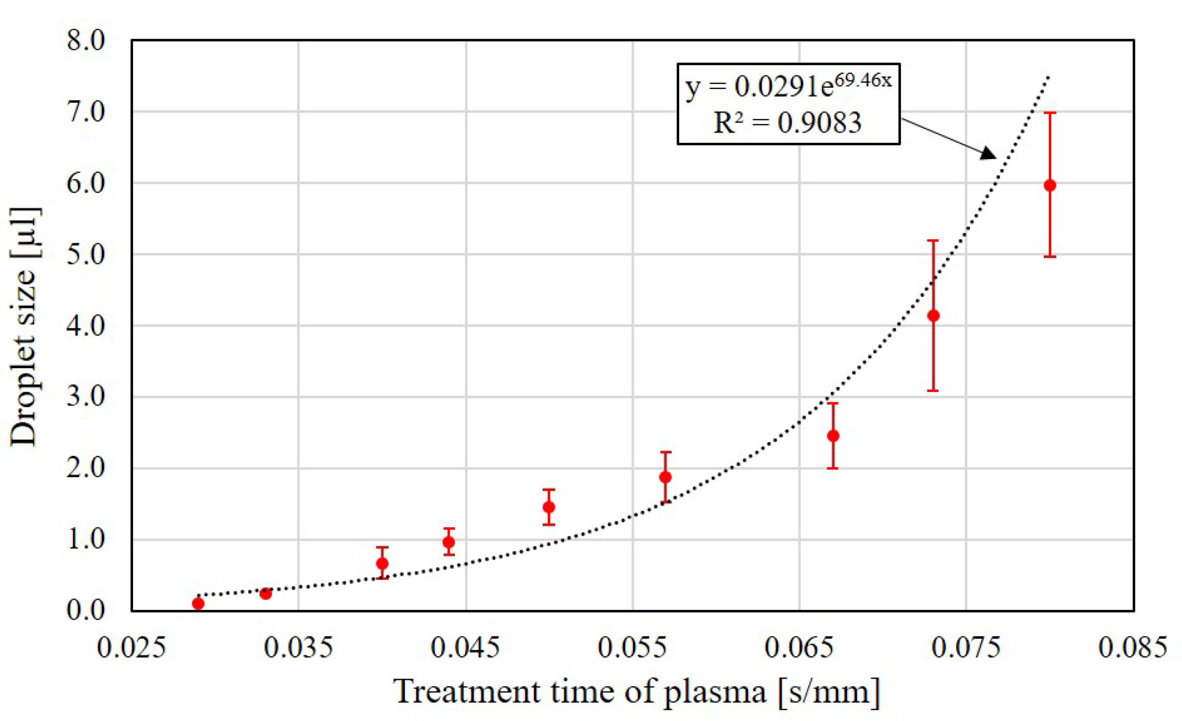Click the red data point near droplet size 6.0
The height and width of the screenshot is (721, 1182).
click(1049, 186)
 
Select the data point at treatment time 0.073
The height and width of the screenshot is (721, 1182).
click(933, 316)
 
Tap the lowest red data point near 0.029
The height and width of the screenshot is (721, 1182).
click(198, 604)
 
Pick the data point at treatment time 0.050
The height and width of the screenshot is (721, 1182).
click(549, 507)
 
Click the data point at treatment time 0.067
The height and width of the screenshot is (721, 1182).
click(833, 436)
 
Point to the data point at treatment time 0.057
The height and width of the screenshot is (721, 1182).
click(665, 477)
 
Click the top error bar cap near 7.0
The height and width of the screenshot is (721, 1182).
click(1049, 113)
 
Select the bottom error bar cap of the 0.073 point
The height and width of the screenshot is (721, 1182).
click(933, 391)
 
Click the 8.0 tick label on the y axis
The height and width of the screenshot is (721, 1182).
click(86, 40)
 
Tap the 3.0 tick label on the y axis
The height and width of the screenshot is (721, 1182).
click(86, 396)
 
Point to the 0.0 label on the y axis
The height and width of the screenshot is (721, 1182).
click(86, 610)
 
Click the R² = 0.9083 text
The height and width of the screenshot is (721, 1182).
click(787, 123)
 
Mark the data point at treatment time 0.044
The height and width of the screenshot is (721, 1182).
click(449, 542)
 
